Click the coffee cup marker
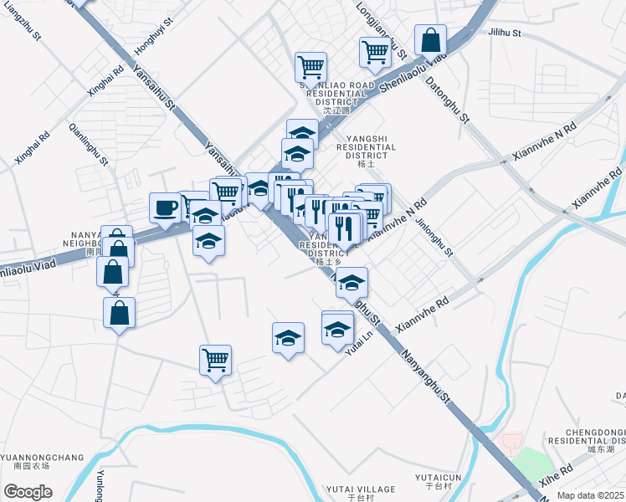[166, 207]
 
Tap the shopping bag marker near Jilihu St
[430, 39]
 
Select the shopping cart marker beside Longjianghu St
[375, 52]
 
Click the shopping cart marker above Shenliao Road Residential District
[310, 66]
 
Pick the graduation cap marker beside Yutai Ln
[337, 327]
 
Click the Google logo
[28, 492]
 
